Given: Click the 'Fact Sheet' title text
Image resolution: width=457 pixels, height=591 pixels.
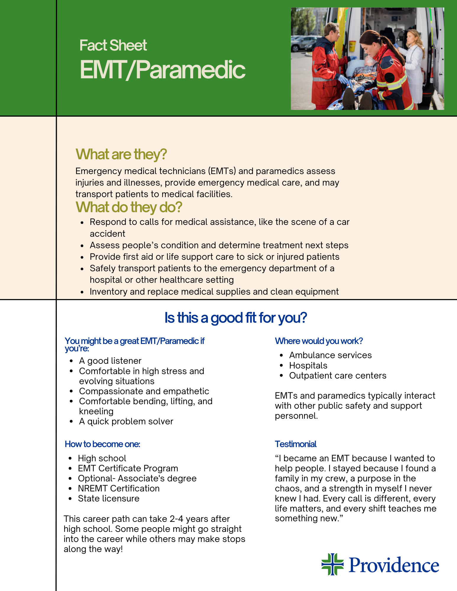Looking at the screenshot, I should pos(113,46).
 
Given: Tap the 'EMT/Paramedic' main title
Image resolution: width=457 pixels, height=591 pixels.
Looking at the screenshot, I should pos(162,70).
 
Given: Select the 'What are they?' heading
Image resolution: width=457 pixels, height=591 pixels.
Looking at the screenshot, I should pos(121,154).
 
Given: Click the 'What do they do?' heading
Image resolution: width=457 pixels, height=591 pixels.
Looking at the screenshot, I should pos(129,207).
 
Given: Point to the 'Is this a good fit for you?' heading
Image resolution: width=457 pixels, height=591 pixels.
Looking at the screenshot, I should pos(235,318).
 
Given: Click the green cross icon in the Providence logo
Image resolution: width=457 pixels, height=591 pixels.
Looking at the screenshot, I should pos(332,564).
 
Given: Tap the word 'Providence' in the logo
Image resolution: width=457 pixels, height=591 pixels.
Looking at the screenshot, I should pos(394,565).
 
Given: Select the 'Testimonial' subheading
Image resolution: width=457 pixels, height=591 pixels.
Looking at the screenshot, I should pos(295,444).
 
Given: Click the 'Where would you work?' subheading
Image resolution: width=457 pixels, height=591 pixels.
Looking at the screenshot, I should pos(319,341).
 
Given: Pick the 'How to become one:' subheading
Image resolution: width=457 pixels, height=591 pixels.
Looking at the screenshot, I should pos(102,444).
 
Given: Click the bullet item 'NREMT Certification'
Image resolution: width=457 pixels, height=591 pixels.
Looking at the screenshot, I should pos(119,488).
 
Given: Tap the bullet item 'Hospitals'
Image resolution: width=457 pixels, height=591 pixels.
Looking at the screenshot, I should pos(308,366).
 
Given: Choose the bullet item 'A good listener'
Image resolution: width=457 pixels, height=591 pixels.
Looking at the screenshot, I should pos(110,361).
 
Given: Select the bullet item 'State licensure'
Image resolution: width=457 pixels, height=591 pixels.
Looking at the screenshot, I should pos(109,499).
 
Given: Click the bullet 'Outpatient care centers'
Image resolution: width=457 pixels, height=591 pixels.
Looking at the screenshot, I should pos(337,376).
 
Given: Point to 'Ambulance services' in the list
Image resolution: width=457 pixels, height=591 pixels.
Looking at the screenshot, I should pos(330,355).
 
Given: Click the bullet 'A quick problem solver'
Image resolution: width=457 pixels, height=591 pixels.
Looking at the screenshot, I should pos(126,421).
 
